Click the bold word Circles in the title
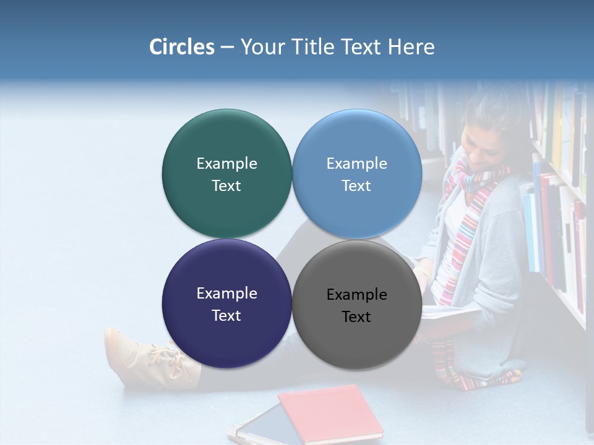[x=182, y=47]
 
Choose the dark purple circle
[x=227, y=343]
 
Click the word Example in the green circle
[x=227, y=163]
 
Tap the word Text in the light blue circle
[x=356, y=186]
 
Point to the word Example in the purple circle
[x=227, y=293]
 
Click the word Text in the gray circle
[x=356, y=317]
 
